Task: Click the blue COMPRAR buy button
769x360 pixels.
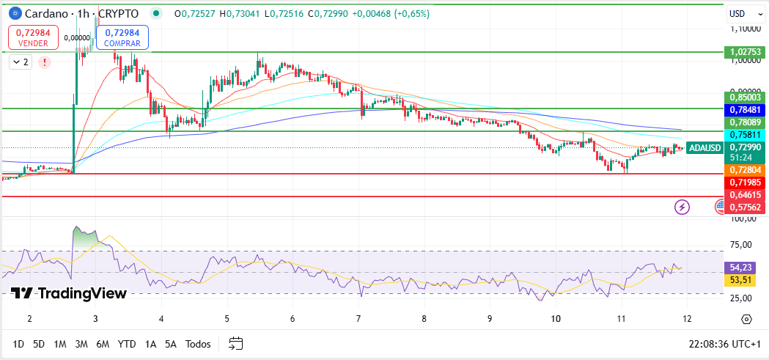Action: (x=122, y=37)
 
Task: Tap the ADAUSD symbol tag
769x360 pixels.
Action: (x=705, y=147)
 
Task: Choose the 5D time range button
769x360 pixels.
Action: (x=39, y=344)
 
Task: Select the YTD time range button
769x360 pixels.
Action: (x=127, y=344)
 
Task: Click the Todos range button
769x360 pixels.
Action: (x=198, y=344)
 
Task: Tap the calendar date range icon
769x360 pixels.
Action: (x=235, y=343)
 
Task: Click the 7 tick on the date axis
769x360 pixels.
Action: (x=358, y=319)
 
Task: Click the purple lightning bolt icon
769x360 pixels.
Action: (x=682, y=207)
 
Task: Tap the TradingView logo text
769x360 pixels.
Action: (x=70, y=293)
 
